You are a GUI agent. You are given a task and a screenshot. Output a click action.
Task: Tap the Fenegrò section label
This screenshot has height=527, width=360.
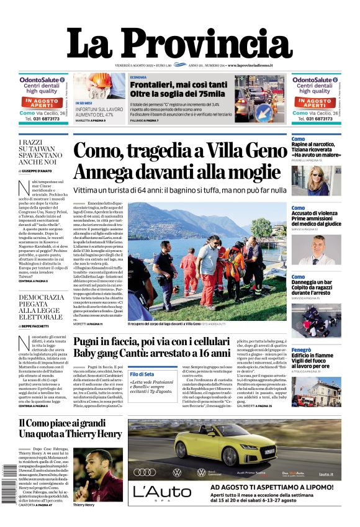point(302,350)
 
